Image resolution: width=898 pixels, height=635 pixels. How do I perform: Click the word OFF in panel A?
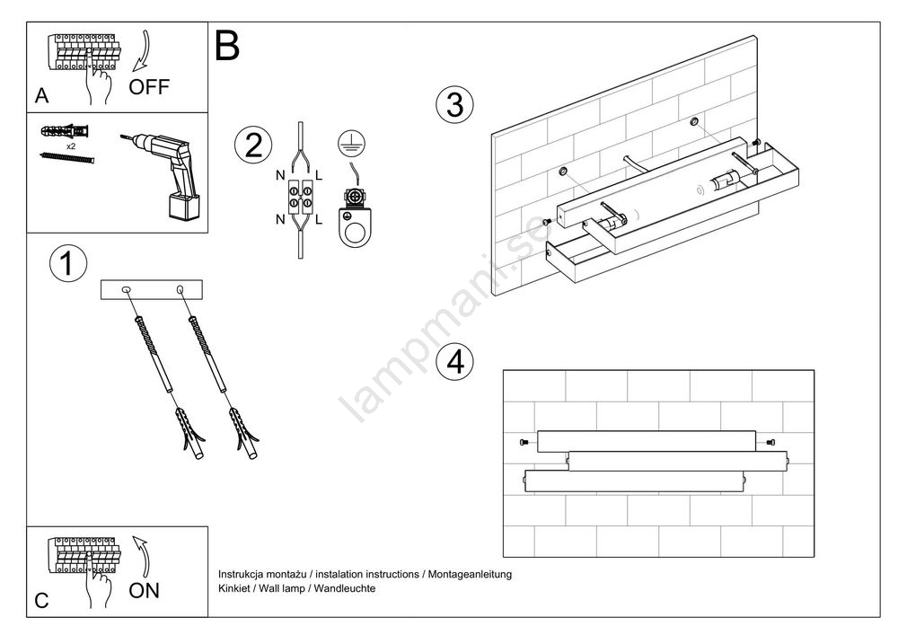[x=148, y=87]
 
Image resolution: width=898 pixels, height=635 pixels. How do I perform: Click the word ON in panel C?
[x=144, y=591]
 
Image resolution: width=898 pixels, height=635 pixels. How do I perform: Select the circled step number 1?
[x=66, y=263]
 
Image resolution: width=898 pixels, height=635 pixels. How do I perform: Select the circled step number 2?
[x=253, y=145]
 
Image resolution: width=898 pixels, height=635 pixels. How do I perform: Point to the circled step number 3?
[x=454, y=105]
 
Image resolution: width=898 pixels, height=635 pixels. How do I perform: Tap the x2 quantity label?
[x=71, y=144]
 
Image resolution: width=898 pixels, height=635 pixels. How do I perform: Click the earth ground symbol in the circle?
[x=351, y=141]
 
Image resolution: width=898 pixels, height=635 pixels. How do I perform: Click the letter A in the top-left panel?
[x=42, y=94]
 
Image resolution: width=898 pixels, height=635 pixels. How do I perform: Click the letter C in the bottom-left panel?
[x=42, y=601]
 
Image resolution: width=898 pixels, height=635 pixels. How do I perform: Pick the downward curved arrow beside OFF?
[x=143, y=52]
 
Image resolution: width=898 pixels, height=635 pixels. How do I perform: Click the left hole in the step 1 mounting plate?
[x=127, y=289]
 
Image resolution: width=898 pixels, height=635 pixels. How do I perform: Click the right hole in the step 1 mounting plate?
[x=181, y=289]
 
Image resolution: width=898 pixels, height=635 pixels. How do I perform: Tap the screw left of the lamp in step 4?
[x=524, y=442]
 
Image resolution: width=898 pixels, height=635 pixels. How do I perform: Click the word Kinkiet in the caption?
[x=235, y=587]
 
